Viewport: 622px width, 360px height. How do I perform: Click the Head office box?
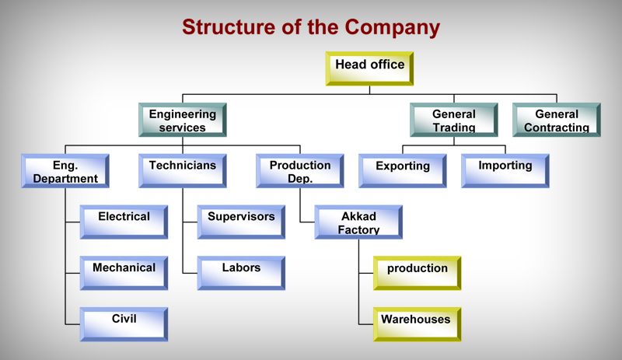(370, 68)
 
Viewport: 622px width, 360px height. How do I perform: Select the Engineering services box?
(183, 120)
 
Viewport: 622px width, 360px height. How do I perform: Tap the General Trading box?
(454, 120)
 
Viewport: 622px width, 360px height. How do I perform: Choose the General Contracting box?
(557, 120)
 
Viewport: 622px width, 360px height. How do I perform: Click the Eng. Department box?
(65, 171)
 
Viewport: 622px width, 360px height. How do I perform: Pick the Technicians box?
(183, 171)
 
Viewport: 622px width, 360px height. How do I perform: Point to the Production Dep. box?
(300, 171)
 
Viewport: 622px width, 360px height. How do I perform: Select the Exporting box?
(403, 171)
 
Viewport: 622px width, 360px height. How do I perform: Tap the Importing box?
(505, 171)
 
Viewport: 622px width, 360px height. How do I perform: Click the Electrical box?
(124, 222)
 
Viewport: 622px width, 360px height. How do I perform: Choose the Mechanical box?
(124, 274)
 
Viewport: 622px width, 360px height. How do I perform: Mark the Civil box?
(124, 325)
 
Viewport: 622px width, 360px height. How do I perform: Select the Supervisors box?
(241, 222)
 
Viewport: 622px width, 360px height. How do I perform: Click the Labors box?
(241, 274)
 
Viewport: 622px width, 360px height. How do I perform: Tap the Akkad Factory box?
(358, 222)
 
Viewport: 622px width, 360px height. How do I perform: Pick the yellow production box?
(418, 274)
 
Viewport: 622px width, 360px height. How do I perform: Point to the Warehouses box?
(418, 325)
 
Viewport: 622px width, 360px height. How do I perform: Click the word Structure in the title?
(229, 27)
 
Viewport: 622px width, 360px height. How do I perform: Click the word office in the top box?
(387, 65)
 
